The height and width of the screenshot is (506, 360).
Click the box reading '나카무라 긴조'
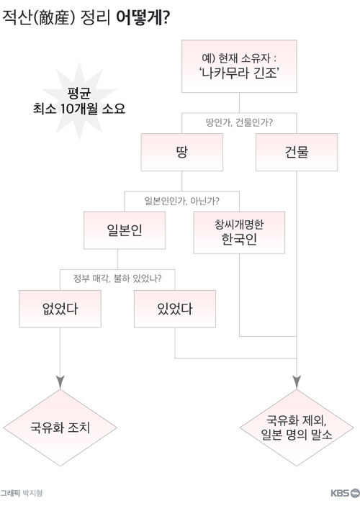239,66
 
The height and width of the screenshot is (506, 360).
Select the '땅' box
181,152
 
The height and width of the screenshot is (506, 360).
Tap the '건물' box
297,152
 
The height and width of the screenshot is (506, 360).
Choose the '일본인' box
125,230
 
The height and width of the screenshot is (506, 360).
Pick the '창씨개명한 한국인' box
239,232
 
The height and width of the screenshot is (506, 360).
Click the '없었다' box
60,309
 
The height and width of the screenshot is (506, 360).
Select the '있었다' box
175,309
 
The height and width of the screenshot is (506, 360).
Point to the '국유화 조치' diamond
60,428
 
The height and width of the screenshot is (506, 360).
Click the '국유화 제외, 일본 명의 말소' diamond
297,428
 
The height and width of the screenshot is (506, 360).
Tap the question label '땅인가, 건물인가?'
239,122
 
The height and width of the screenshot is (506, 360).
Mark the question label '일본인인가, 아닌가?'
181,201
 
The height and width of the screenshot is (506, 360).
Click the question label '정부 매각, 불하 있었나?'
117,278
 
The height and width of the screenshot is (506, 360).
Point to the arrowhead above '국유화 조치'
60,382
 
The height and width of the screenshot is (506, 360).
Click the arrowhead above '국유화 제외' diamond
297,382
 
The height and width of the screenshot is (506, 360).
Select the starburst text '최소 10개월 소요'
79,109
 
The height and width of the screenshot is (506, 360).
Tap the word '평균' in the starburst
79,94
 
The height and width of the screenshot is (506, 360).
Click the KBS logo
345,493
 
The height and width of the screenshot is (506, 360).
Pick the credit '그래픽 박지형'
22,493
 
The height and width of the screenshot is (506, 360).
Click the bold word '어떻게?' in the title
143,19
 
